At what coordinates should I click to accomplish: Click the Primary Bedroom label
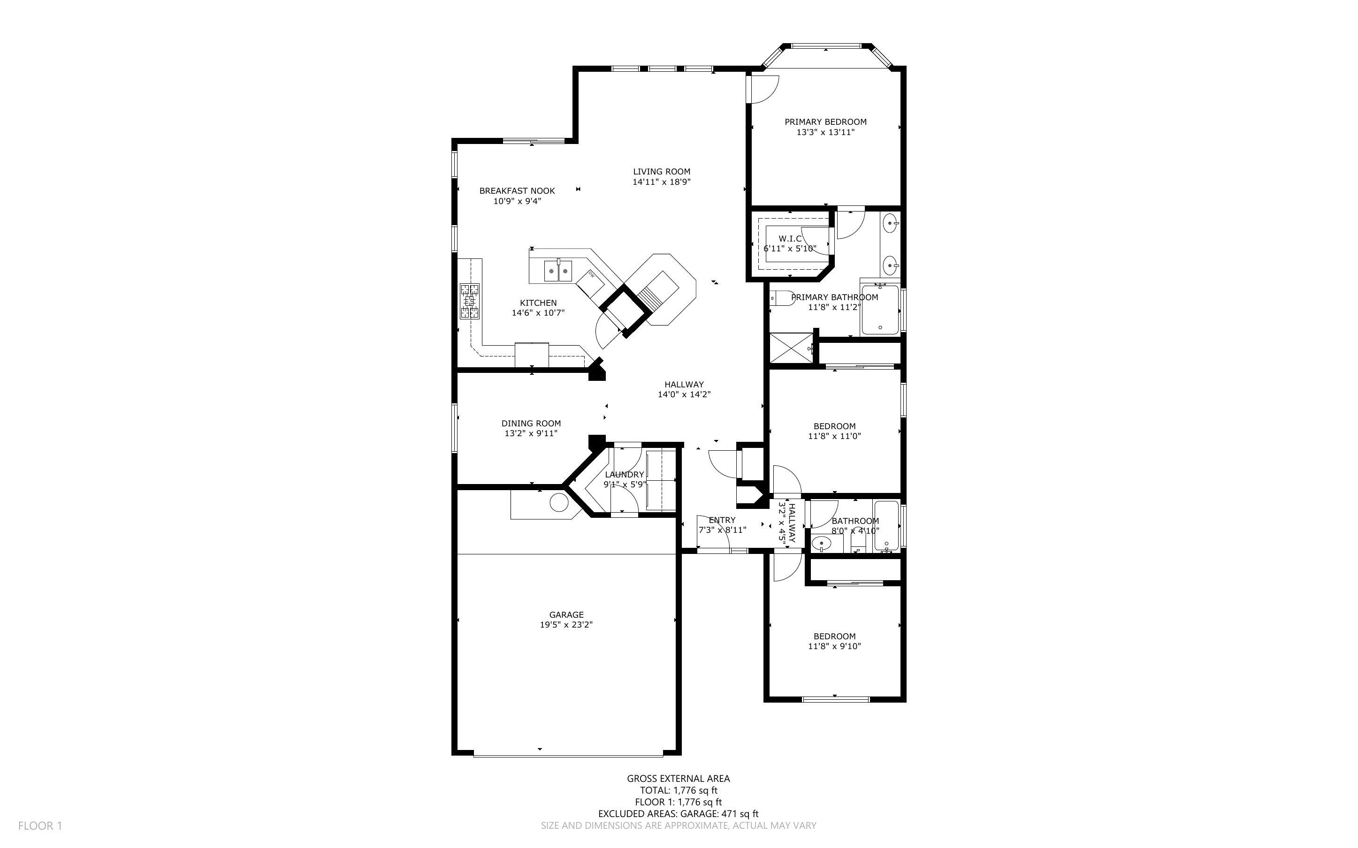coord(825,121)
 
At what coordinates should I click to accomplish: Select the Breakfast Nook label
coord(517,191)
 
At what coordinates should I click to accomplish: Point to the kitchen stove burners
coord(470,301)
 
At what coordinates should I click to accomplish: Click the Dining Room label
coord(531,424)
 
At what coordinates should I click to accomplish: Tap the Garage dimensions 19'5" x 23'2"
coord(566,625)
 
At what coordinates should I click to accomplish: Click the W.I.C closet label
coord(790,239)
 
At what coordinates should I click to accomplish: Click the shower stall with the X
coord(791,349)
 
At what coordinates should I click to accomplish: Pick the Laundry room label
coord(624,475)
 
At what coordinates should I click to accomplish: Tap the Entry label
coord(722,520)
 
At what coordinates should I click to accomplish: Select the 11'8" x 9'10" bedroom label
coord(834,636)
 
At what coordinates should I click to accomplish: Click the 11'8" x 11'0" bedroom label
coord(834,426)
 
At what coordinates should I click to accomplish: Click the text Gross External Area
coord(678,779)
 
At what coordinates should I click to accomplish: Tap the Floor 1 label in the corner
coord(40,825)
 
